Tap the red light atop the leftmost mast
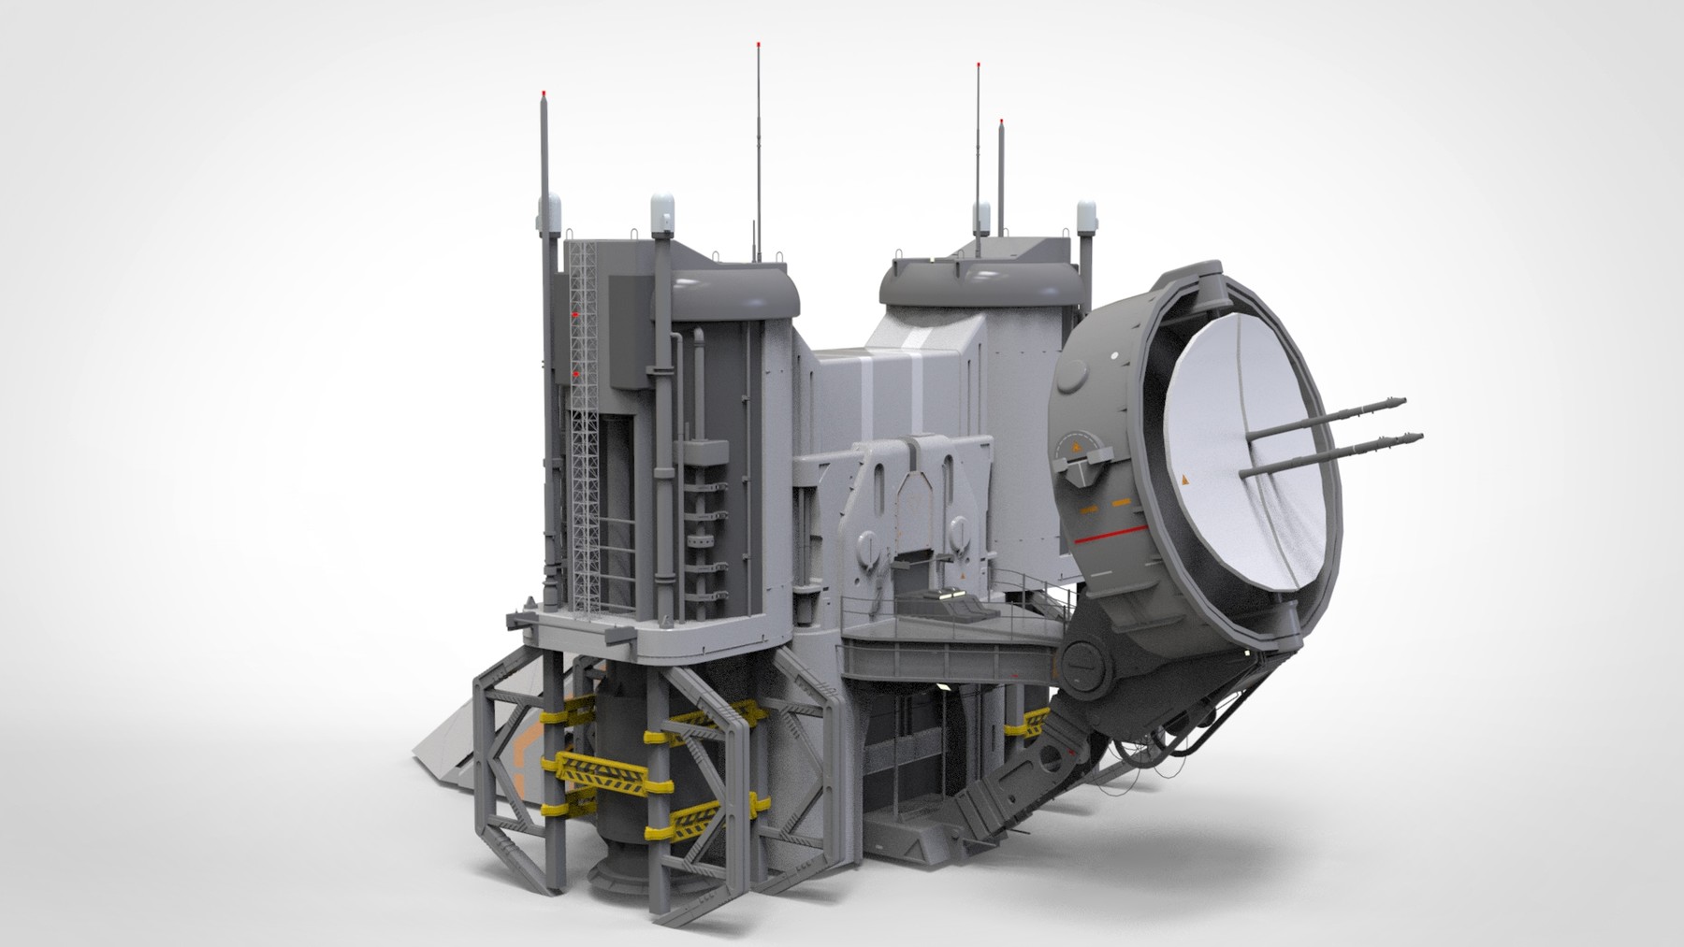coord(544,93)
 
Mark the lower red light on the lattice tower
coord(576,374)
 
